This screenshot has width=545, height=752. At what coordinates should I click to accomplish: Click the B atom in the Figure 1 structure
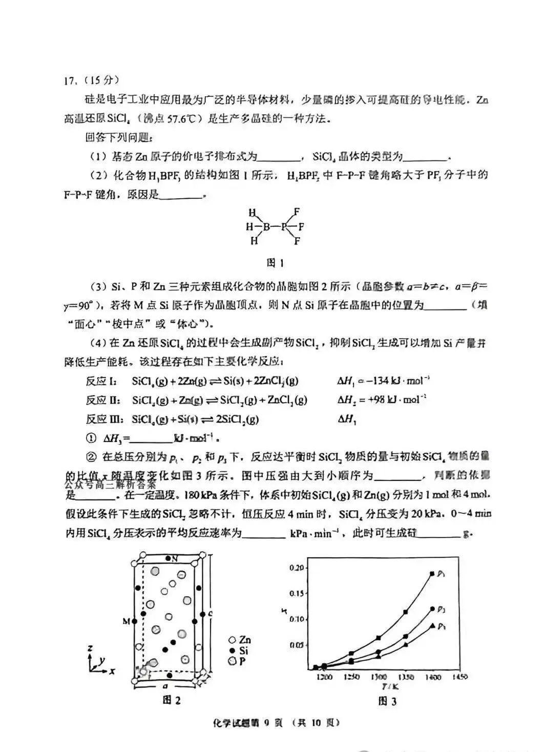tap(266, 226)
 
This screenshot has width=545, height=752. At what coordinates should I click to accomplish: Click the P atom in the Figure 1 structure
tap(283, 226)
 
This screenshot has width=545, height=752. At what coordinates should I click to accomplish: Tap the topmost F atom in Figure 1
tap(297, 212)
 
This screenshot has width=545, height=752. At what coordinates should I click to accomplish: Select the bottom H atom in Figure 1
tap(253, 240)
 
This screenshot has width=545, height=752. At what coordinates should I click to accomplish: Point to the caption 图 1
tap(275, 263)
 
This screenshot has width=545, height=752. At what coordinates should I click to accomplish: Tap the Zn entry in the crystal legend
tap(241, 640)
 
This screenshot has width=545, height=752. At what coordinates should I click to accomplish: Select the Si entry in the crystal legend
tap(241, 651)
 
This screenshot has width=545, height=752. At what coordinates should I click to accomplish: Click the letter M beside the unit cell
tap(126, 621)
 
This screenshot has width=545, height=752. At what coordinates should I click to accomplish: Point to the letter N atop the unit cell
tap(175, 559)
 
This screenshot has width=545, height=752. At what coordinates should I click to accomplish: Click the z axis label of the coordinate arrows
tap(90, 649)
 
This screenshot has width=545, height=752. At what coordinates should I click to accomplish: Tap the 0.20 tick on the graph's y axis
tap(297, 568)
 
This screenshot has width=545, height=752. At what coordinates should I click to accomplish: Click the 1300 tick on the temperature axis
tap(379, 677)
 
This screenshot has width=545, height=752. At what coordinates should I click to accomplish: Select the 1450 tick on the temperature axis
tap(459, 677)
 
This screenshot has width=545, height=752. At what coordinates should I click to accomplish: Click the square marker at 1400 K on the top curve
tap(432, 574)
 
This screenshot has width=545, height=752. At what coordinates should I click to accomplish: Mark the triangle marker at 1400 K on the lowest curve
tap(433, 625)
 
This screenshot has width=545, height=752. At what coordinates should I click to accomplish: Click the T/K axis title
tap(387, 686)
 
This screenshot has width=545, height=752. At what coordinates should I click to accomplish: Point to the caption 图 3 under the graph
tap(387, 701)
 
